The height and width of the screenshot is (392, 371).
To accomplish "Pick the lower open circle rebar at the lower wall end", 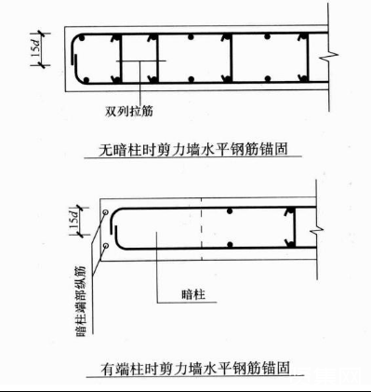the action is click(109, 245).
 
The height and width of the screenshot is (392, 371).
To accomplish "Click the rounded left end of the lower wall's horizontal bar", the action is click(118, 228).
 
